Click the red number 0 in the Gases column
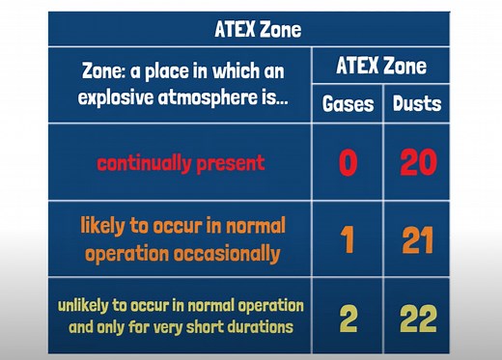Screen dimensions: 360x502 pyautogui.click(x=348, y=162)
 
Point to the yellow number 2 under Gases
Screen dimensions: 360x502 pyautogui.click(x=348, y=316)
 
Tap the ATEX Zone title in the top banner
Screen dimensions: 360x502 pyautogui.click(x=257, y=28)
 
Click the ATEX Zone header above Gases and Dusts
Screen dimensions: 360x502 pyautogui.click(x=381, y=68)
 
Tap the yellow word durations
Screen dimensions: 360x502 pyautogui.click(x=262, y=326)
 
